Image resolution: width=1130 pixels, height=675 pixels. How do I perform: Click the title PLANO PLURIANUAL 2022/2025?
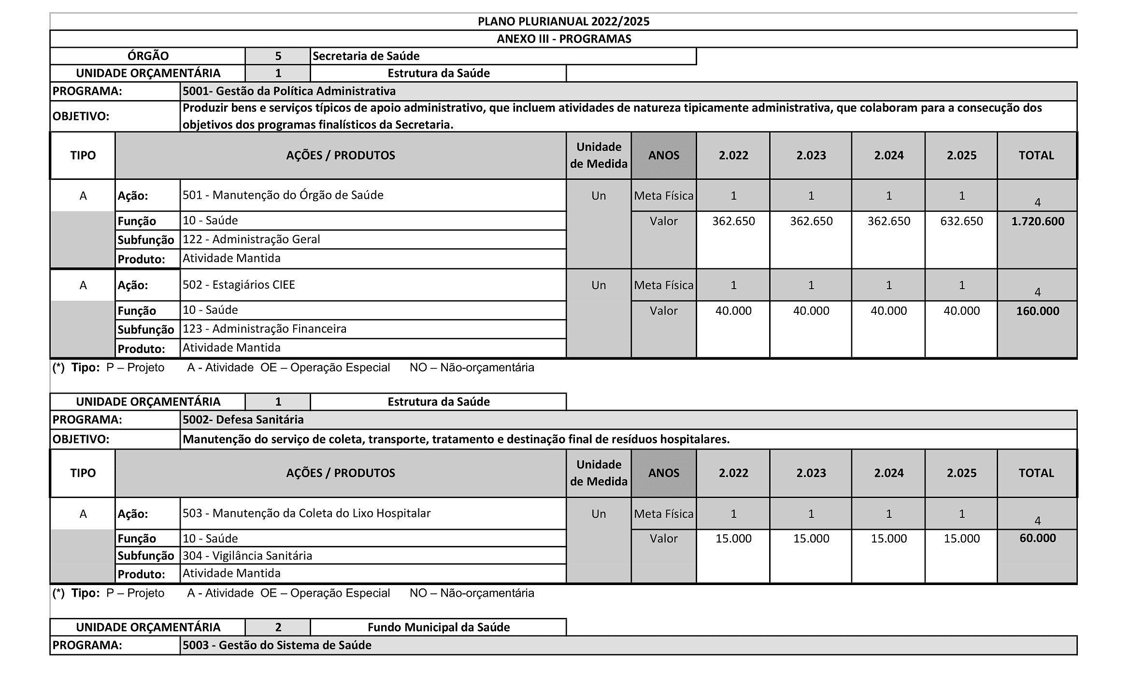563,21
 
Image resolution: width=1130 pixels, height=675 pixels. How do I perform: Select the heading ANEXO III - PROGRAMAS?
563,39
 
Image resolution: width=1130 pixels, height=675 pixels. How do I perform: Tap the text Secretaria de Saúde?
366,56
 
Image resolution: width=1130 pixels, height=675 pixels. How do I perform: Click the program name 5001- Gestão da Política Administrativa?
289,91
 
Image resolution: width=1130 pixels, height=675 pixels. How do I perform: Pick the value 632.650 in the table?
961,221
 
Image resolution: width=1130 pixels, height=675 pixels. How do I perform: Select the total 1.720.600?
1037,221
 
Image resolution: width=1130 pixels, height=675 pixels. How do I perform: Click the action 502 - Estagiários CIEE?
239,285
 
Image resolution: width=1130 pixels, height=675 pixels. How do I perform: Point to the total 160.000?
1037,311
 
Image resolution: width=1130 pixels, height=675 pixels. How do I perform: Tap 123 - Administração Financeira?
264,329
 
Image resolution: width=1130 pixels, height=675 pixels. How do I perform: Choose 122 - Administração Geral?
251,239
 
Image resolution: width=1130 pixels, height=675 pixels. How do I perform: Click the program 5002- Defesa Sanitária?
243,419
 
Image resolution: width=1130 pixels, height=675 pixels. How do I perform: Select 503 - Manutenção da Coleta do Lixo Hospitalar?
306,513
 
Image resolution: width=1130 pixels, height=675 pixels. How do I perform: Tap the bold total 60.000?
1037,538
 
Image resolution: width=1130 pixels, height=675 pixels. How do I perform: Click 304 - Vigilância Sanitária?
247,556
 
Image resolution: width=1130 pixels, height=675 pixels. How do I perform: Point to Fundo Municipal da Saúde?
438,627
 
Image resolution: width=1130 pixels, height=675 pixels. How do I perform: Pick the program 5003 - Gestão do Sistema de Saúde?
277,645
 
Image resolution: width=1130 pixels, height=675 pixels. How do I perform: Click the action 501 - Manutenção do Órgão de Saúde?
283,195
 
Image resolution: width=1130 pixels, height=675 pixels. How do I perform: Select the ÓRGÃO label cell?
148,56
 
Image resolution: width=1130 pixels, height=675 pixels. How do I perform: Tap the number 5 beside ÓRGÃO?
278,56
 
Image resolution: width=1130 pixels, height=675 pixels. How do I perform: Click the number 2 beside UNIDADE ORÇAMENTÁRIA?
278,627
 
